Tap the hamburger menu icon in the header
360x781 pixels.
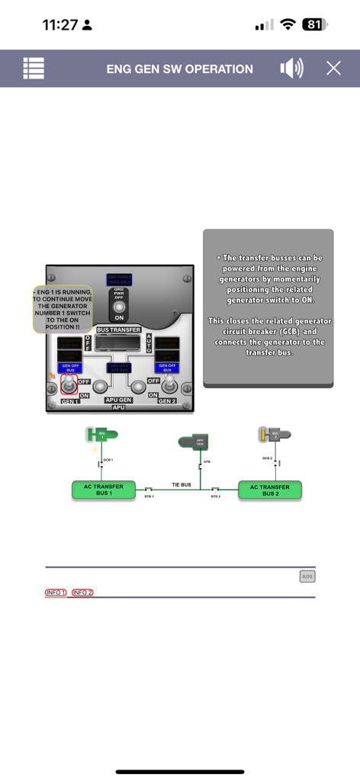(x=34, y=68)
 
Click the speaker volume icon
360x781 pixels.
(x=291, y=68)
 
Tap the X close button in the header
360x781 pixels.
(x=333, y=68)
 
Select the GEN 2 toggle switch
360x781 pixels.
(x=168, y=385)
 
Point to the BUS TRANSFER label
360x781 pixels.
(x=118, y=329)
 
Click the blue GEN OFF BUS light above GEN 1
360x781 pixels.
(x=69, y=367)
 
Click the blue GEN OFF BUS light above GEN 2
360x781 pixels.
(x=168, y=367)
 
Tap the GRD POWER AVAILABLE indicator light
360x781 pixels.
(x=119, y=279)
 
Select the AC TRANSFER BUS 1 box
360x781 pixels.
(x=104, y=490)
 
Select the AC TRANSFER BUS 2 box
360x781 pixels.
(x=270, y=490)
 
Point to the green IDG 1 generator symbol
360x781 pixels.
(x=102, y=435)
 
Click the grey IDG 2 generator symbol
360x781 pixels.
(x=275, y=435)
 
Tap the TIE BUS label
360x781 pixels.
(x=181, y=484)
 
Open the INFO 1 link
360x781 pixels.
(x=56, y=593)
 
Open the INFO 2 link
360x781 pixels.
(x=82, y=593)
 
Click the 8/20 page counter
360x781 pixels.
(x=307, y=577)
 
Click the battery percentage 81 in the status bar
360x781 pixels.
(x=313, y=24)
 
